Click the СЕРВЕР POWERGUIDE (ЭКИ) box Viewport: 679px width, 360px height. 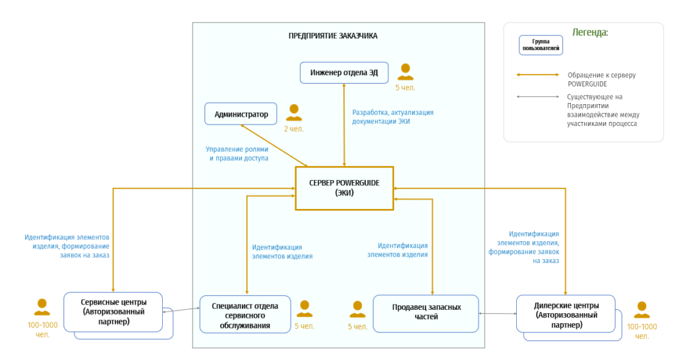[x=344, y=188]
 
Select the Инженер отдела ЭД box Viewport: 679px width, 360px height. [x=344, y=73]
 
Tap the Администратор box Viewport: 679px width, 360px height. [x=241, y=114]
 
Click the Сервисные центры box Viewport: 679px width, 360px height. [x=113, y=312]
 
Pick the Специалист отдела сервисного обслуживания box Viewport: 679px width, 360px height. [x=245, y=315]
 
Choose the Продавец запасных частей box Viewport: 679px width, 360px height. [x=426, y=313]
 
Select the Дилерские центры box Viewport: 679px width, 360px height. [x=566, y=315]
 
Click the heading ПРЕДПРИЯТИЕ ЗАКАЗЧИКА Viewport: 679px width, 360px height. [x=333, y=36]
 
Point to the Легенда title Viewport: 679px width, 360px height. [x=590, y=32]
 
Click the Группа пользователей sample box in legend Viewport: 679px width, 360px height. [x=541, y=45]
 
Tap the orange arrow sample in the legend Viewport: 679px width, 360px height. [x=538, y=75]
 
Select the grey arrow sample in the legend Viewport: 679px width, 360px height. [x=538, y=97]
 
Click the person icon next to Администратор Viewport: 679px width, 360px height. [x=293, y=112]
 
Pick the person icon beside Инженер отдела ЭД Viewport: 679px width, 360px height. [x=405, y=71]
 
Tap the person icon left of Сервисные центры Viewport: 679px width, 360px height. [x=42, y=307]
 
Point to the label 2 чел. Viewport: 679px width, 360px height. [x=293, y=129]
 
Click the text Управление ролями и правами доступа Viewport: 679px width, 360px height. [x=237, y=154]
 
